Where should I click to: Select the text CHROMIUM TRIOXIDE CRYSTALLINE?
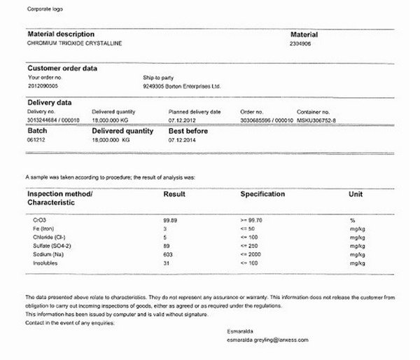[74, 43]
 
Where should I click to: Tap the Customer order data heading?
[62, 68]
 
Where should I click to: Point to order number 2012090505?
[43, 86]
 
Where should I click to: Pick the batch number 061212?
[36, 140]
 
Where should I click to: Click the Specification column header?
[262, 194]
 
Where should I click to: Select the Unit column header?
[356, 194]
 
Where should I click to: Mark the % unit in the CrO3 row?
[352, 221]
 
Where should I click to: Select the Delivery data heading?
[50, 102]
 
